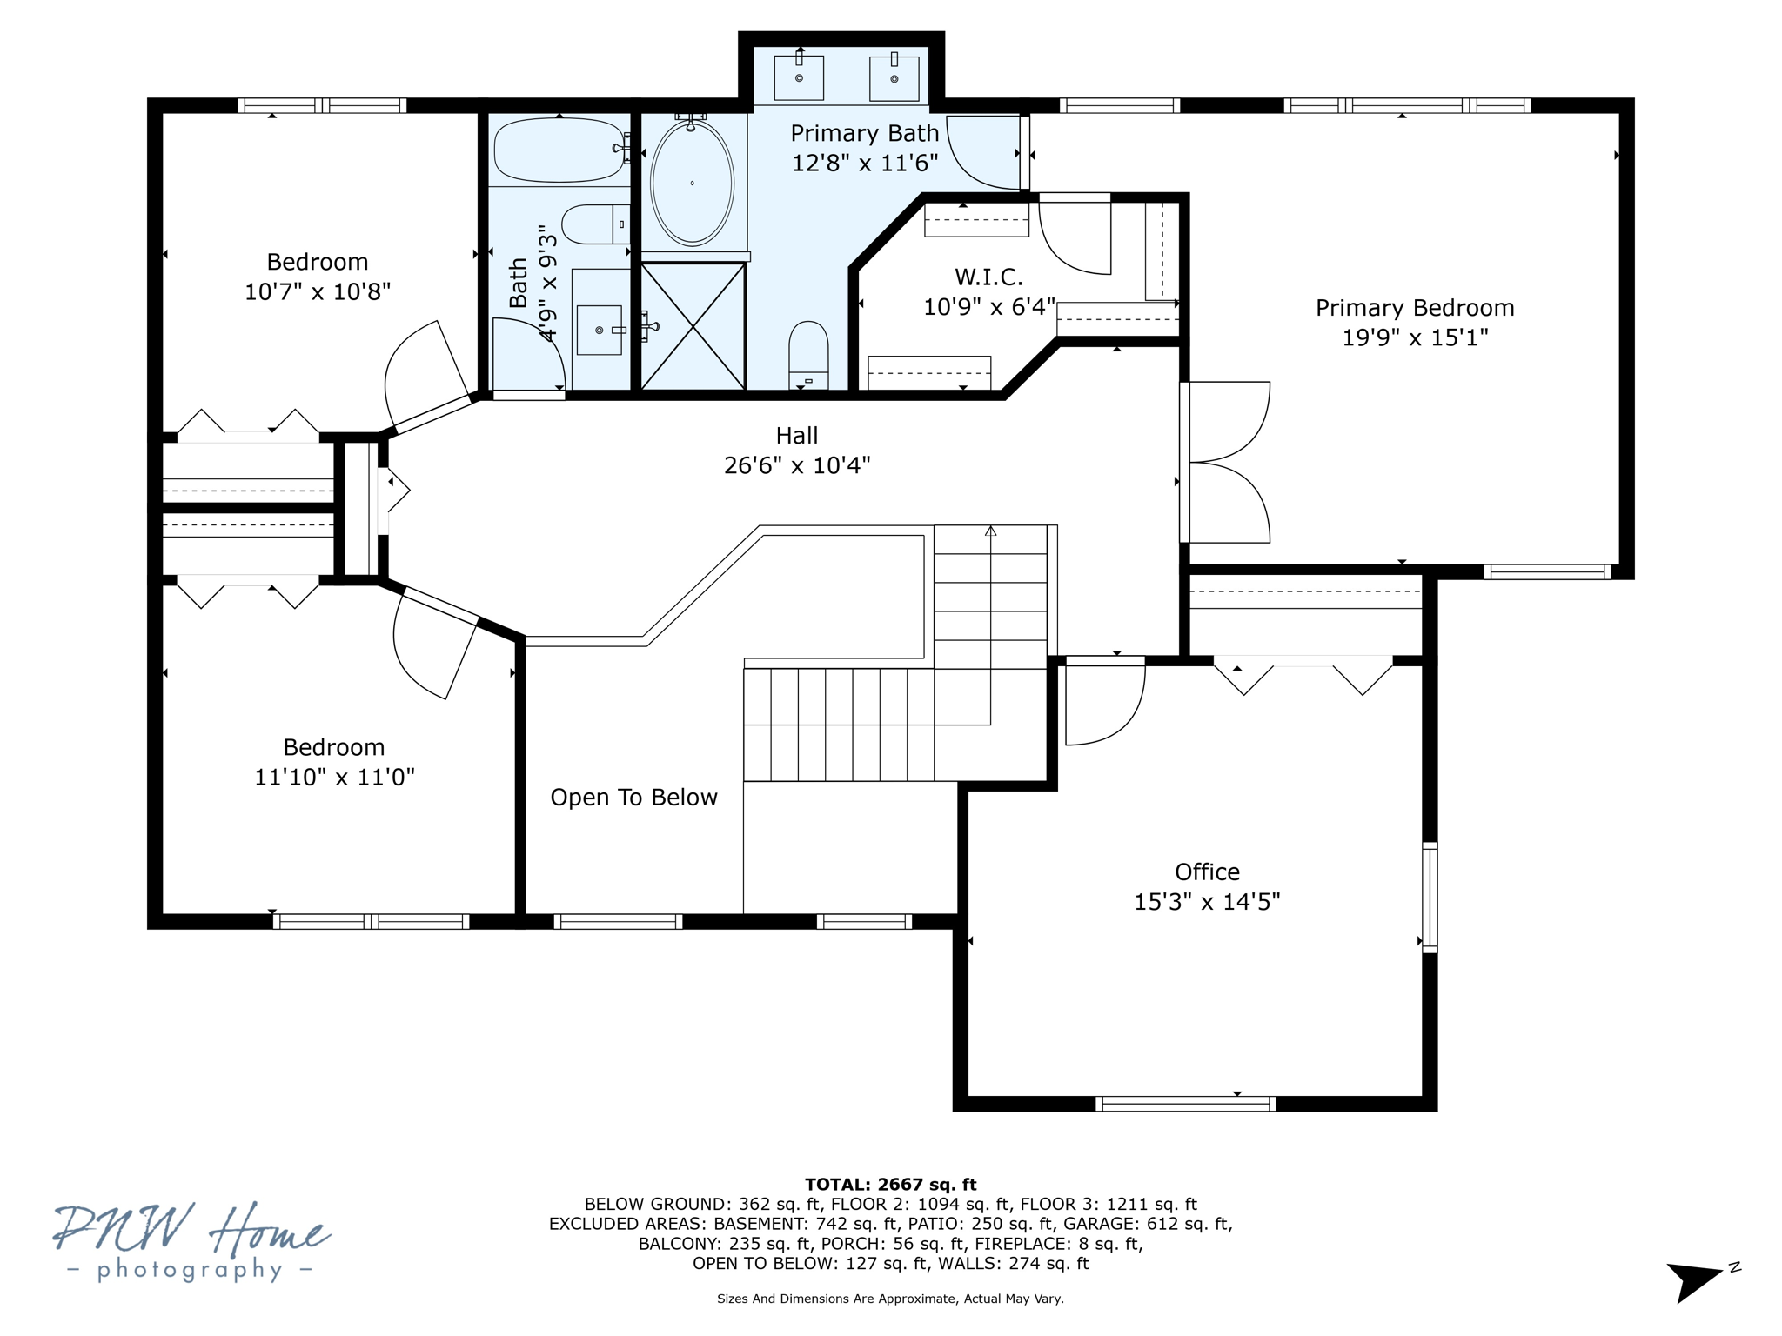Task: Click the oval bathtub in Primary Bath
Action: point(692,184)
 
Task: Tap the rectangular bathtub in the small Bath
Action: point(559,150)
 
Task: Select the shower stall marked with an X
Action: point(693,326)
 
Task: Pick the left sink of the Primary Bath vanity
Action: point(799,77)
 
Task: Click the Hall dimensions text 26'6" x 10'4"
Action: point(797,465)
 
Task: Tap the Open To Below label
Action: point(633,798)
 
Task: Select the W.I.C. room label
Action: point(988,277)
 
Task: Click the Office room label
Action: point(1207,872)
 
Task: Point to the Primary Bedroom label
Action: point(1415,308)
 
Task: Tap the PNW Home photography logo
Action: point(191,1242)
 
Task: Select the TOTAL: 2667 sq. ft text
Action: point(890,1185)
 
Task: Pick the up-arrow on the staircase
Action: point(990,531)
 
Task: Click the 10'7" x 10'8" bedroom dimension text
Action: point(318,291)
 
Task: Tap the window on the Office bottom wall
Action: point(1185,1104)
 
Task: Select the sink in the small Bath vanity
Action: point(600,330)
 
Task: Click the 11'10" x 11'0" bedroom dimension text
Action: point(334,777)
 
